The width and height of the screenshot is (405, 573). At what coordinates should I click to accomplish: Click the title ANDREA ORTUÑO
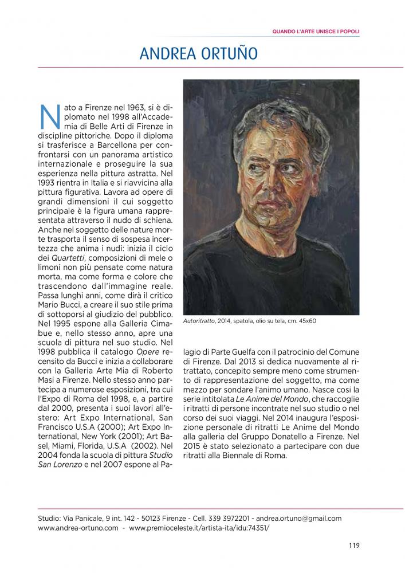coord(199,54)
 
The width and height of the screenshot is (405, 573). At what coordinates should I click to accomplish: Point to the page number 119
coord(353,545)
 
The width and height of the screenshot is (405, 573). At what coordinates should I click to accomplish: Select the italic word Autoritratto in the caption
coord(199,321)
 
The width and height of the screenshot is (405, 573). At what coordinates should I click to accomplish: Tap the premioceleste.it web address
coord(199,528)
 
